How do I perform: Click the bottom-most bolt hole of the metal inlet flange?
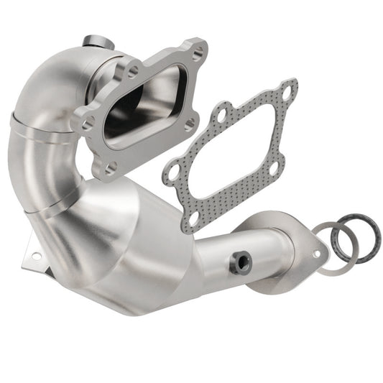click(x=112, y=167)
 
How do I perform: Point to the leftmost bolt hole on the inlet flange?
click(x=87, y=124)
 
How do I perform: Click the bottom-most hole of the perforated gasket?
click(x=194, y=216)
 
